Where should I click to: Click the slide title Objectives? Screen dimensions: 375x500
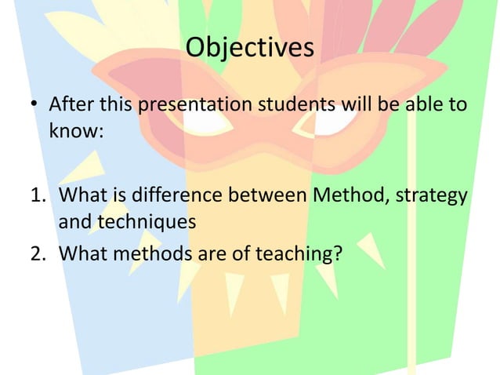point(250,48)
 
